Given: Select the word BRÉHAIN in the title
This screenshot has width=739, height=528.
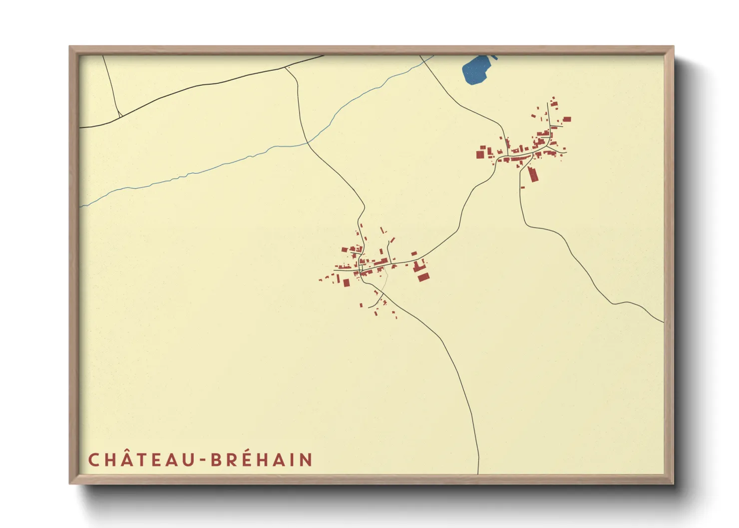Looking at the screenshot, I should [262, 460].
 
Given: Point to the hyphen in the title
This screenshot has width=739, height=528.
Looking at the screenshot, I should [203, 460].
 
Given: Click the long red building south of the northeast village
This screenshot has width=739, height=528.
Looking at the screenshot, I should [533, 174].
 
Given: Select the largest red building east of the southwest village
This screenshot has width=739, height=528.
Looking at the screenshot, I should [423, 276].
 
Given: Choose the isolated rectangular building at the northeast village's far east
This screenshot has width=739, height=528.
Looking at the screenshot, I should [566, 119].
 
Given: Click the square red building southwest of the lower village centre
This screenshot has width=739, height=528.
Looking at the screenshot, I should [346, 283].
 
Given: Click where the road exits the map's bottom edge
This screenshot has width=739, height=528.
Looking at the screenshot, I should [478, 473].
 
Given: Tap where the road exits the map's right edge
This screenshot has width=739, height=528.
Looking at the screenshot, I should [663, 322].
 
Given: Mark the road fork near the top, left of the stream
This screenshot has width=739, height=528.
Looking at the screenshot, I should [286, 68].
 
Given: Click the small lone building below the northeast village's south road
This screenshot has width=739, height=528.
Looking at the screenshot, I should [523, 187].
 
